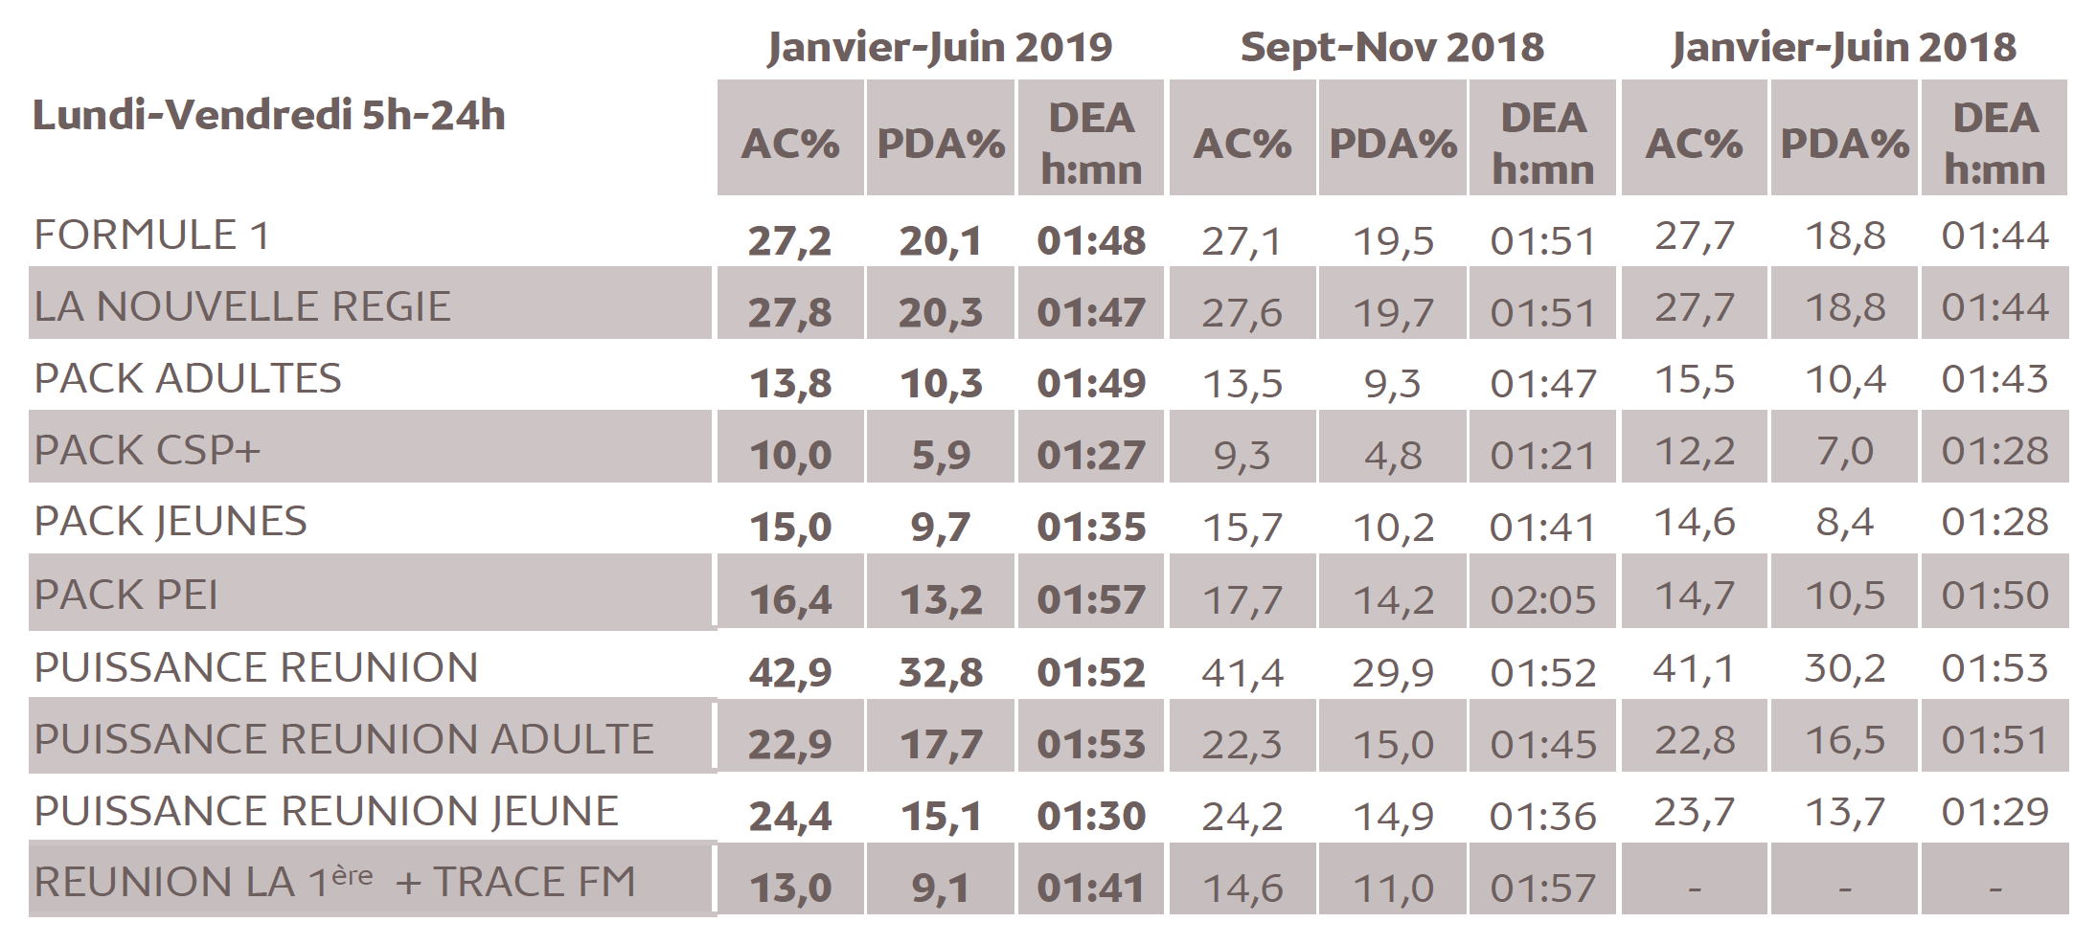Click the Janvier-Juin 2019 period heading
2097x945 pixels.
(x=939, y=47)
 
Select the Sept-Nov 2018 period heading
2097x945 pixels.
(x=1392, y=47)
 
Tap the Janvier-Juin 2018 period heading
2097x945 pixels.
(x=1843, y=47)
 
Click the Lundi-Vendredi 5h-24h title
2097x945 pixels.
(x=269, y=116)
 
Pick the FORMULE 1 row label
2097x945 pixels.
(x=152, y=236)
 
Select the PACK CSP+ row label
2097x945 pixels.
(x=148, y=450)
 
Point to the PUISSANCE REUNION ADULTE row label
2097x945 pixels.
(x=344, y=739)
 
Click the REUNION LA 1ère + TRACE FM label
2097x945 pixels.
(x=335, y=882)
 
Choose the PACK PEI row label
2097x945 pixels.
(x=126, y=596)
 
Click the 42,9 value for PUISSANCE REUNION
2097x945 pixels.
(x=790, y=673)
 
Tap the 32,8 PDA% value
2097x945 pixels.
(x=940, y=673)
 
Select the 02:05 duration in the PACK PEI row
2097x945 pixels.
(x=1542, y=600)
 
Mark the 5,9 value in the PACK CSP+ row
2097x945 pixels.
(x=940, y=456)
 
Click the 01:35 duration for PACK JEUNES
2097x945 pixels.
(x=1091, y=528)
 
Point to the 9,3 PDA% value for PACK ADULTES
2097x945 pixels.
(x=1392, y=384)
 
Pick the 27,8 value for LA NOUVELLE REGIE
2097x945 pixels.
(x=790, y=313)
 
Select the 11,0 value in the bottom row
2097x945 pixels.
(x=1392, y=889)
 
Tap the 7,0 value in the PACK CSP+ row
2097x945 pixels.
(x=1844, y=451)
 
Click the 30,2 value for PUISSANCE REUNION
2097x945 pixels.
(x=1844, y=668)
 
